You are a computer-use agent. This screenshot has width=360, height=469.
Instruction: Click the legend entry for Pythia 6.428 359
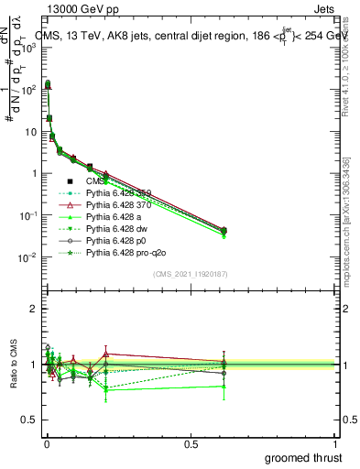pyautogui.click(x=118, y=193)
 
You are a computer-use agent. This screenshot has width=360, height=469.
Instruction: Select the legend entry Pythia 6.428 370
pyautogui.click(x=118, y=205)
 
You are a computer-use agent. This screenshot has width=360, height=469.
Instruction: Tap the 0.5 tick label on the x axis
pyautogui.click(x=191, y=443)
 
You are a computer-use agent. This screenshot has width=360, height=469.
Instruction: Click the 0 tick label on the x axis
pyautogui.click(x=46, y=443)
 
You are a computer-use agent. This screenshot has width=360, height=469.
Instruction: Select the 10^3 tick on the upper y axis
pyautogui.click(x=27, y=48)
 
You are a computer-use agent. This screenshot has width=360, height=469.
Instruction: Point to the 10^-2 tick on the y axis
pyautogui.click(x=27, y=257)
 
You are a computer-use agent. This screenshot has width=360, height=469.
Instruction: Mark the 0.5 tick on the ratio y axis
pyautogui.click(x=29, y=420)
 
